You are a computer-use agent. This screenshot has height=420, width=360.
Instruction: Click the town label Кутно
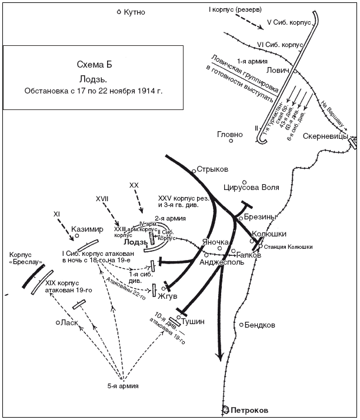(x=135, y=12)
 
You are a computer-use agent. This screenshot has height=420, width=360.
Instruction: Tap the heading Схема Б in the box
(x=94, y=64)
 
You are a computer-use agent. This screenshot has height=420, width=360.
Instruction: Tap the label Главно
(x=229, y=135)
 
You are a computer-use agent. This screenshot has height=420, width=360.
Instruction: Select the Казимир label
(x=87, y=229)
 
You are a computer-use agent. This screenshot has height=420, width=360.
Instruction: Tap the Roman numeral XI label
(x=57, y=214)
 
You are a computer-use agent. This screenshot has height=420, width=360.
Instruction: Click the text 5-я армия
(x=123, y=386)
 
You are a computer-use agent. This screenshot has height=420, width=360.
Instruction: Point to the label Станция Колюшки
(x=288, y=247)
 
